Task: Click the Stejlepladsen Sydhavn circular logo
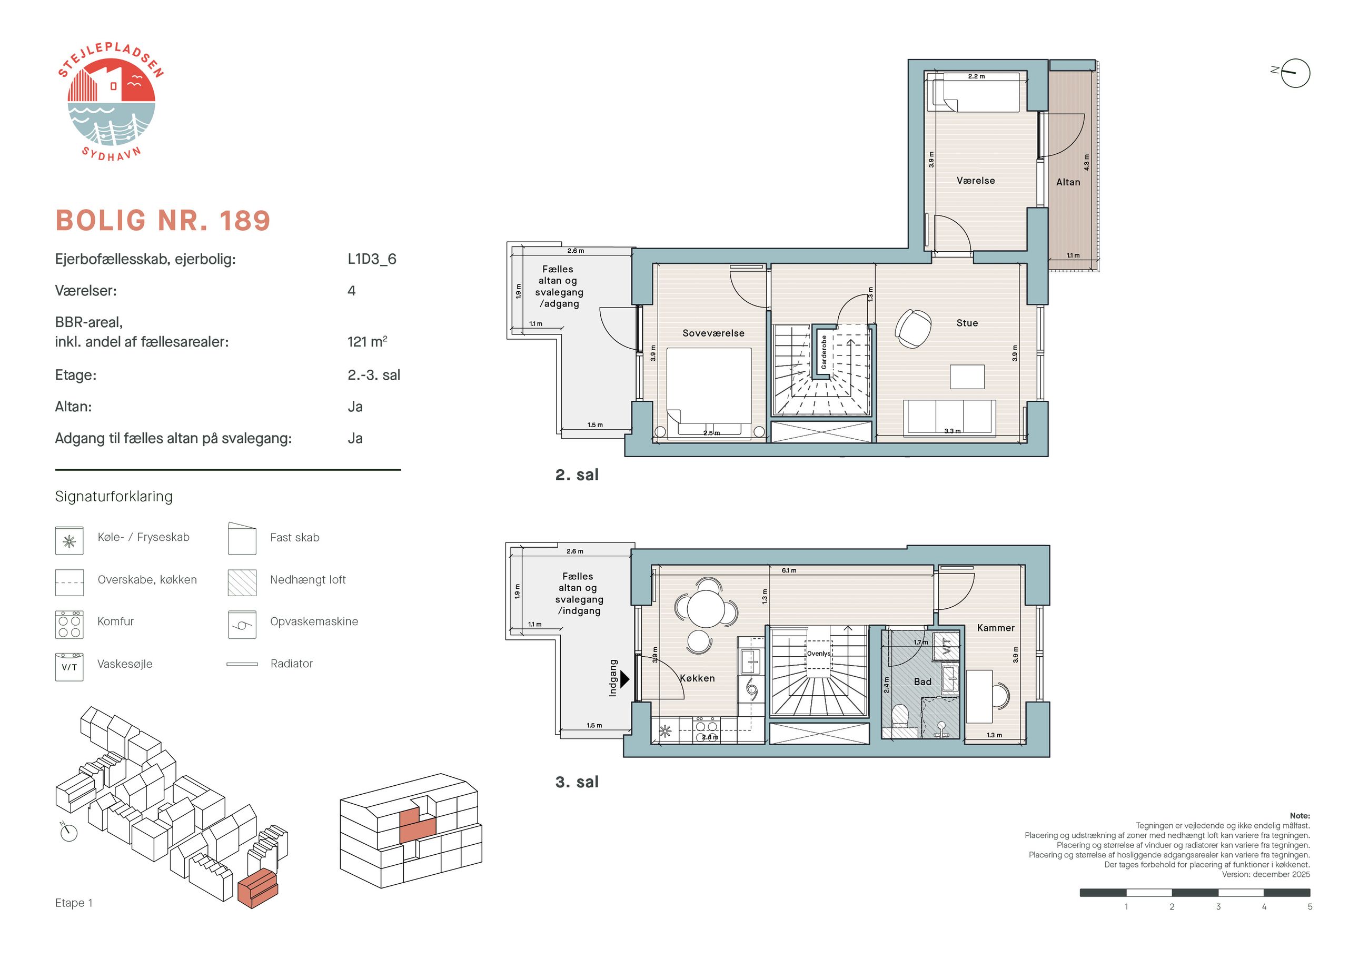tap(111, 102)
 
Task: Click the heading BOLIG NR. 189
tap(163, 221)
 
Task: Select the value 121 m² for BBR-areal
tap(368, 342)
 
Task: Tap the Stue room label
tap(967, 323)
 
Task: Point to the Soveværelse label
tap(713, 333)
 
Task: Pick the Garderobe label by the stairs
tap(824, 352)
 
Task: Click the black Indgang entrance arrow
tap(625, 679)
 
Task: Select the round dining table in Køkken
tap(706, 608)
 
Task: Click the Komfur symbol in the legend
tap(69, 625)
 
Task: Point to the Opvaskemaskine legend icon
tap(242, 625)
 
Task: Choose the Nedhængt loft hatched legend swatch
tap(242, 582)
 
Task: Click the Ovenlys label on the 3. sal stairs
tap(818, 654)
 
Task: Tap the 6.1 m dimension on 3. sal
tap(789, 571)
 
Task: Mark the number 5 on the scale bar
tap(1310, 906)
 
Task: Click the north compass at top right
tap(1294, 73)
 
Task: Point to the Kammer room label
tap(996, 628)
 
